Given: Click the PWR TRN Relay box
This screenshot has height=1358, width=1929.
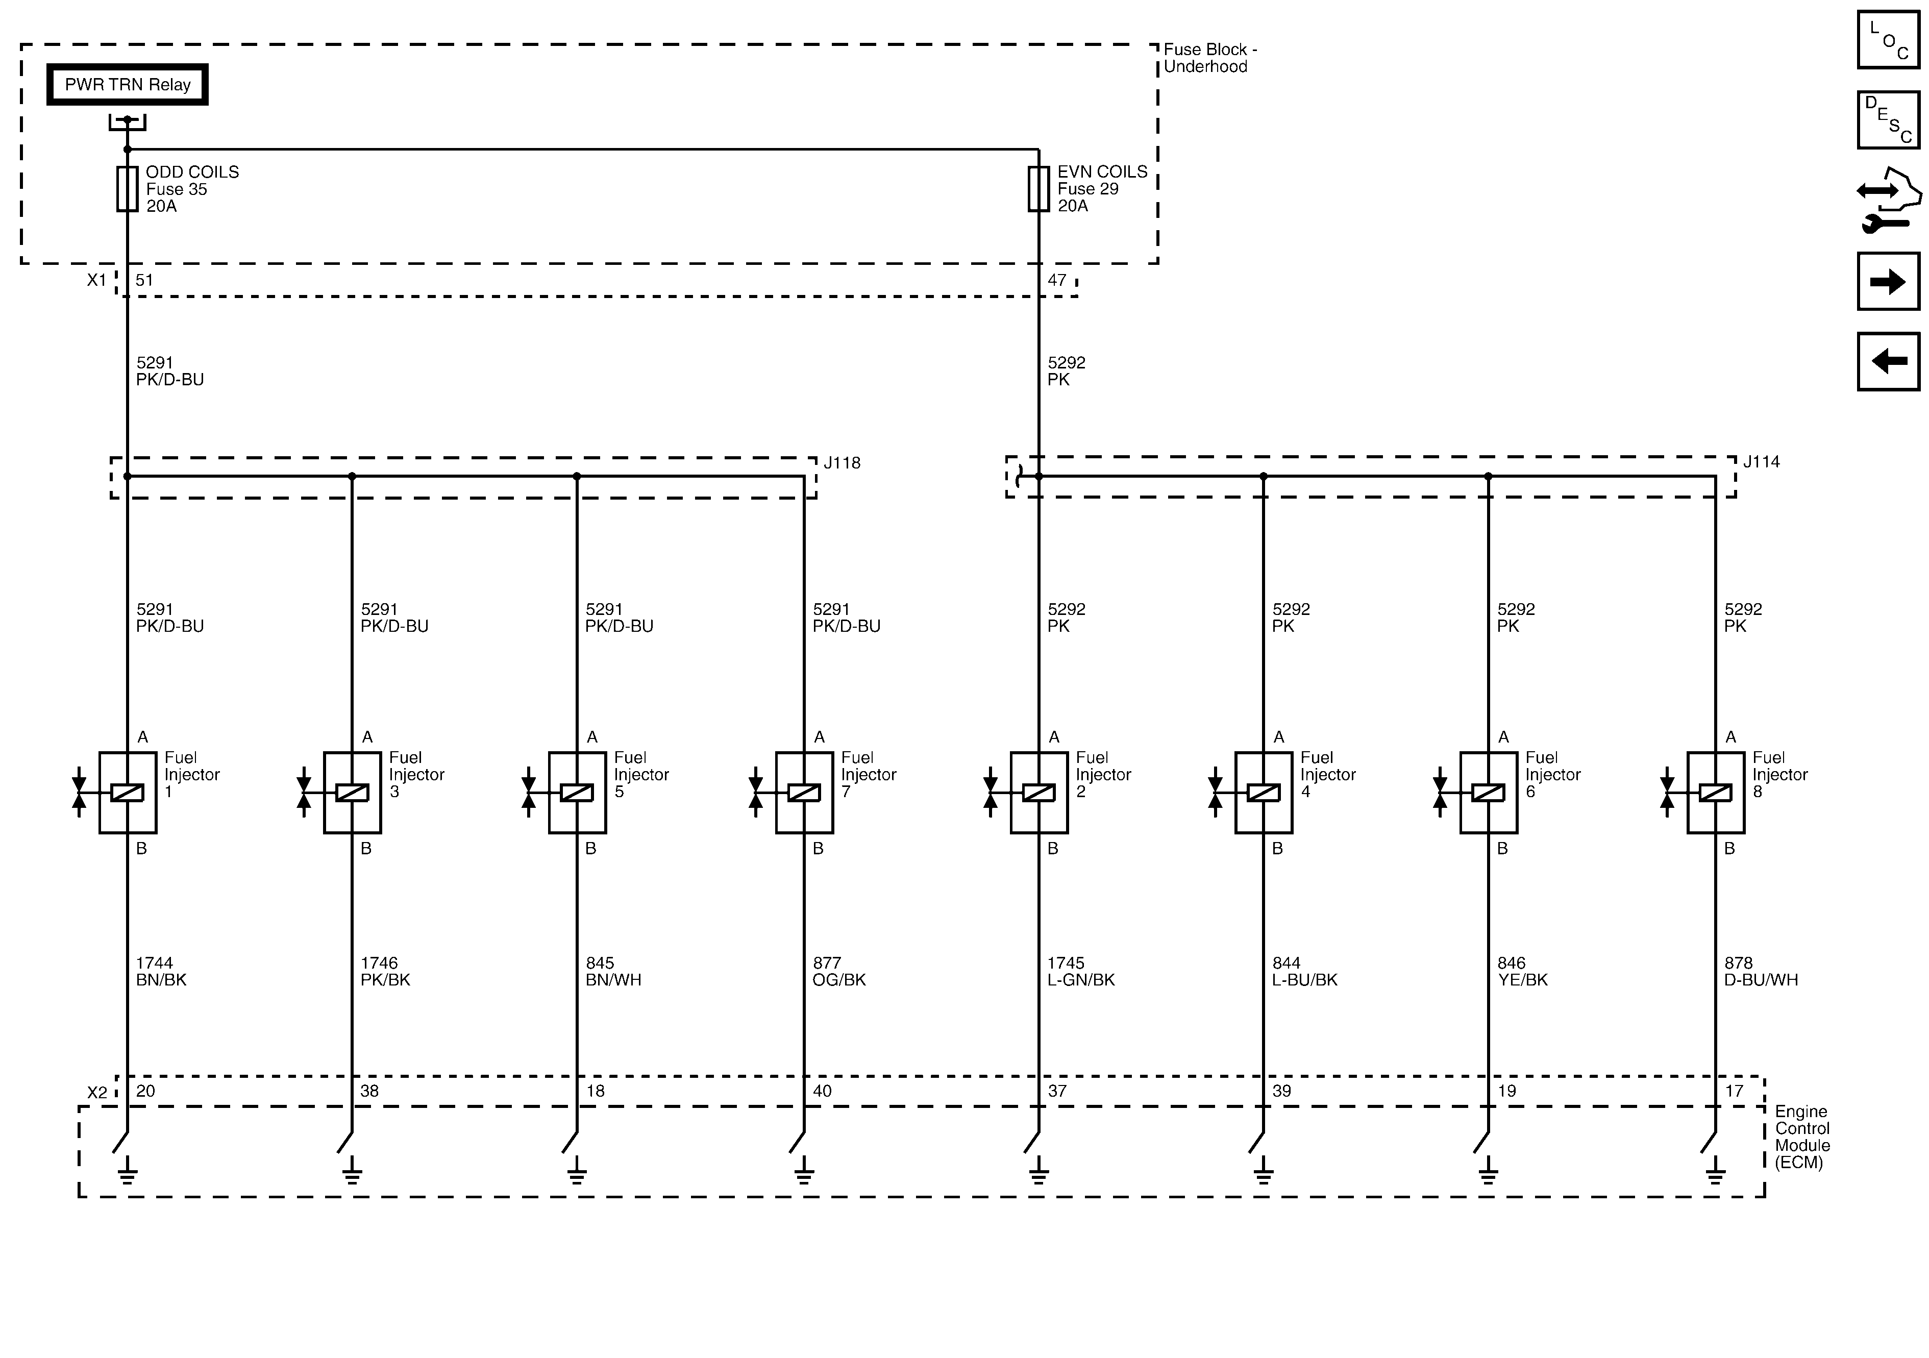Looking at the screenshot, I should (x=127, y=85).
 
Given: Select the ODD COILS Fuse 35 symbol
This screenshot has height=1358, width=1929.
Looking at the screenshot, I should (x=127, y=188).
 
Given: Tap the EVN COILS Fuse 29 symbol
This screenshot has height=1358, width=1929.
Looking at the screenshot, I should (x=1038, y=188).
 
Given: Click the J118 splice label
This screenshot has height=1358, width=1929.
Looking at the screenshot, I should (x=842, y=463).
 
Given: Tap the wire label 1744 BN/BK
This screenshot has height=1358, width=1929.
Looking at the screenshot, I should (x=161, y=972).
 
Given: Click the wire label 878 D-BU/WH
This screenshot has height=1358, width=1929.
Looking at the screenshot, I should (x=1761, y=972).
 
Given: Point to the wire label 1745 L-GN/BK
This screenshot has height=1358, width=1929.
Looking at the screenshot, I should (x=1080, y=972).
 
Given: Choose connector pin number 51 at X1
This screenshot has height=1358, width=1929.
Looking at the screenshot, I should (x=144, y=280).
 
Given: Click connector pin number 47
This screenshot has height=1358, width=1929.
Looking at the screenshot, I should (x=1057, y=280).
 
